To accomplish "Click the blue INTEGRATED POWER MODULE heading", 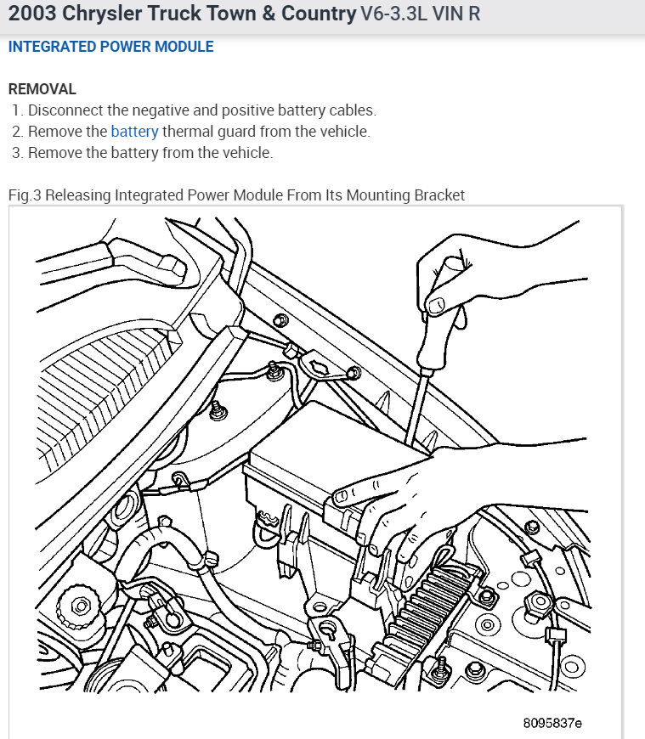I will [x=110, y=47].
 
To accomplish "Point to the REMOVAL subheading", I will [x=42, y=88].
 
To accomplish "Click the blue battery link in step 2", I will [x=134, y=132].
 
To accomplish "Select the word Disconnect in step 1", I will [x=65, y=110].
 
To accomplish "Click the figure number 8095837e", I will [x=552, y=723].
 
